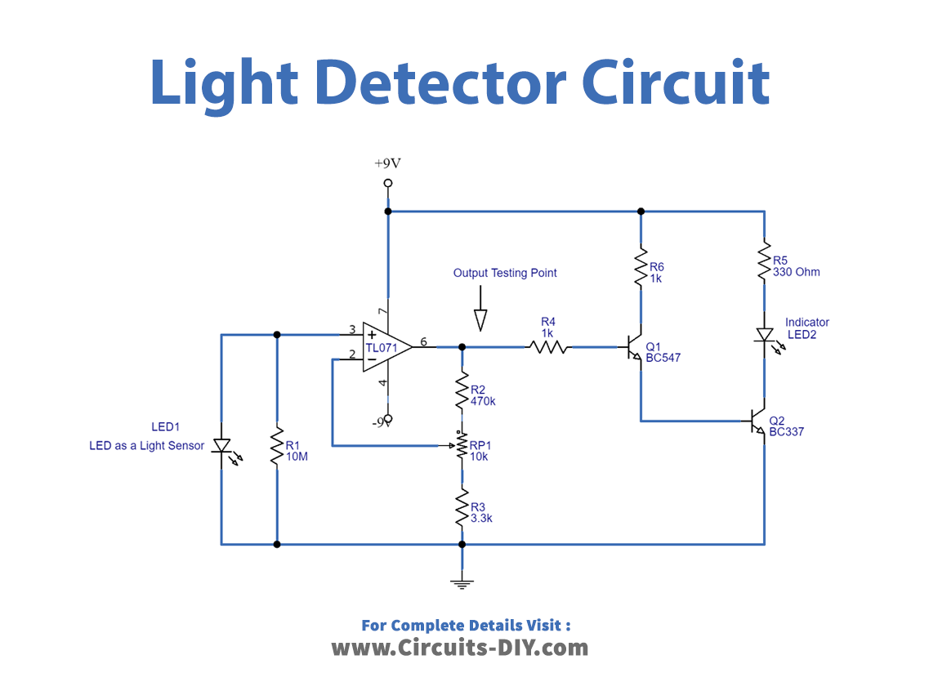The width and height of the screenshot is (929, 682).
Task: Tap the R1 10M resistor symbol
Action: tap(277, 446)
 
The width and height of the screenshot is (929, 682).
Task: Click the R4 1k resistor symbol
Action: tap(548, 347)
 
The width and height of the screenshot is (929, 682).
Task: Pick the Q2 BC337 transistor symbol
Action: tap(757, 421)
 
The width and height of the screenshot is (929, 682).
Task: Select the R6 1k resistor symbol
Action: tap(641, 266)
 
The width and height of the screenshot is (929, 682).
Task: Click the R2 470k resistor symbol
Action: tap(462, 392)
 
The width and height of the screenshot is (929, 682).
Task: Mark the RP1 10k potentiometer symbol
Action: tap(462, 446)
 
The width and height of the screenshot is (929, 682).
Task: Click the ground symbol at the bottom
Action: tap(462, 583)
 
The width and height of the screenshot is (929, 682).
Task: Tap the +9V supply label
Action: tap(388, 163)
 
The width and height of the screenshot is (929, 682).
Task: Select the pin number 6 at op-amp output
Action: tap(423, 341)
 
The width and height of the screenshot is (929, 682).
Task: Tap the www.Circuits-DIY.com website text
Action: tap(459, 648)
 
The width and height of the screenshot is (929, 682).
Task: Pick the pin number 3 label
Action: tap(352, 329)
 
